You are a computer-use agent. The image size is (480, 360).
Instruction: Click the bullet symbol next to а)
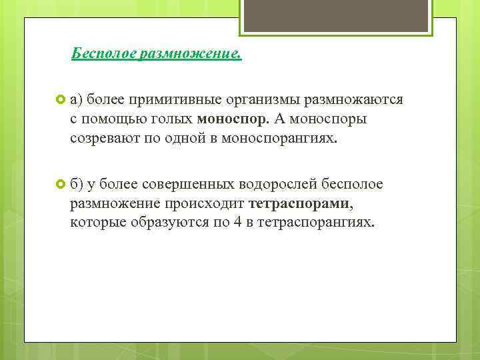point(60,100)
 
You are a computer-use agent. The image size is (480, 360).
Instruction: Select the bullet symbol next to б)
point(60,184)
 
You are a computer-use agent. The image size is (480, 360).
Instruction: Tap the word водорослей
point(286,184)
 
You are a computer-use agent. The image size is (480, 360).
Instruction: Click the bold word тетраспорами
point(298,203)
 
